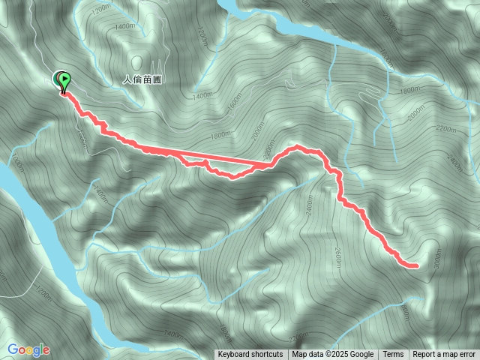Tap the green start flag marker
click(x=64, y=79)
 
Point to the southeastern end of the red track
click(x=415, y=265)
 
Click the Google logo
click(x=28, y=349)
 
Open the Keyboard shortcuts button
click(x=250, y=355)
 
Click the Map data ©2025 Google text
click(x=333, y=355)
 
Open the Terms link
click(x=394, y=355)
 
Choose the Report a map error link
click(x=444, y=355)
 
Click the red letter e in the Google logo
click(x=46, y=350)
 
